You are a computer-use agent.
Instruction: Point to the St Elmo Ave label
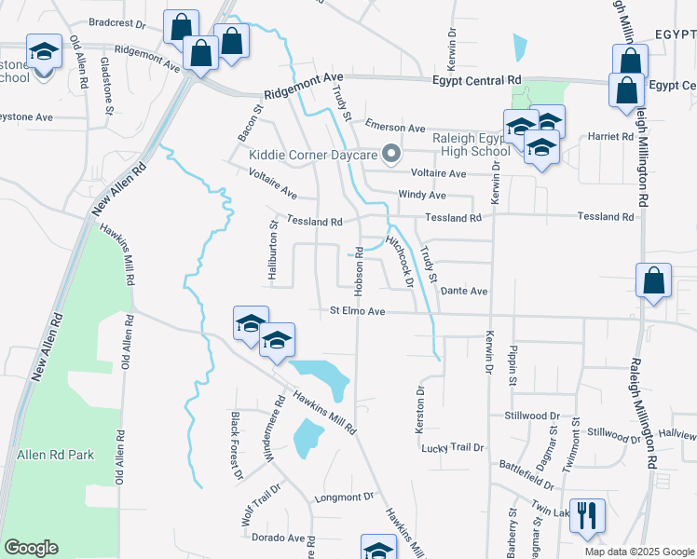coord(357,311)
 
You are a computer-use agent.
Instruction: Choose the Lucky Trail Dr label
coord(453,448)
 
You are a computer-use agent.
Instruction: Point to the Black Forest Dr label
coord(237,446)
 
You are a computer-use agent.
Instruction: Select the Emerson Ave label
coord(395,128)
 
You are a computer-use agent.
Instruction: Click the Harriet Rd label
coord(611,136)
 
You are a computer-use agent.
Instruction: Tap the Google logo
coord(30,548)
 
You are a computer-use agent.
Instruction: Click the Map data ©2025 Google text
coord(638,552)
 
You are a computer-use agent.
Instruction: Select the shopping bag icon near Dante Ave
coord(653,281)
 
